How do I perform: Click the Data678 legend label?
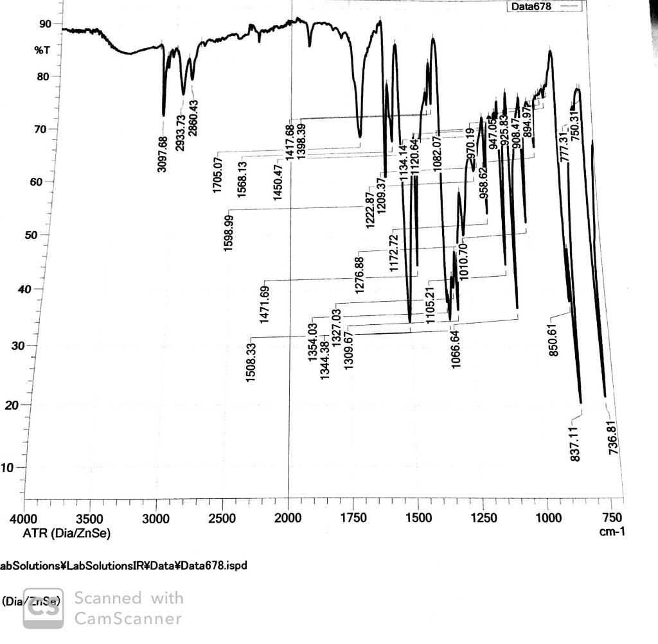(531, 6)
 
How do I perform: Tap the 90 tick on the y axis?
(44, 24)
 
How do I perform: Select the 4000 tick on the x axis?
(24, 519)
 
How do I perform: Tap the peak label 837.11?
(576, 443)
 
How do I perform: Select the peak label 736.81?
(612, 438)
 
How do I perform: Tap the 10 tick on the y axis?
(12, 467)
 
